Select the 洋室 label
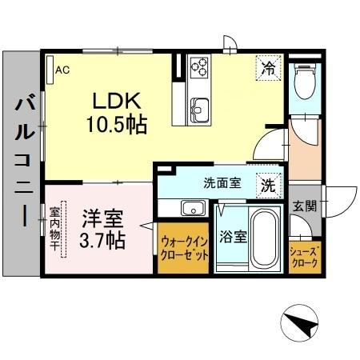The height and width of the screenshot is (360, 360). [98, 217]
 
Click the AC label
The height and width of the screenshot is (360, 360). [62, 70]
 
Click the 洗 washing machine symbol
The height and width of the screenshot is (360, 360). [269, 184]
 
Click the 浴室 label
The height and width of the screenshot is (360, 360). [234, 238]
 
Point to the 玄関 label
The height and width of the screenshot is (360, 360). [304, 206]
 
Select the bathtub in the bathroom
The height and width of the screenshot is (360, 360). [263, 238]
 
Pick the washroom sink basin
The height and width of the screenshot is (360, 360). [193, 209]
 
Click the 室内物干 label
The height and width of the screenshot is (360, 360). [55, 228]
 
